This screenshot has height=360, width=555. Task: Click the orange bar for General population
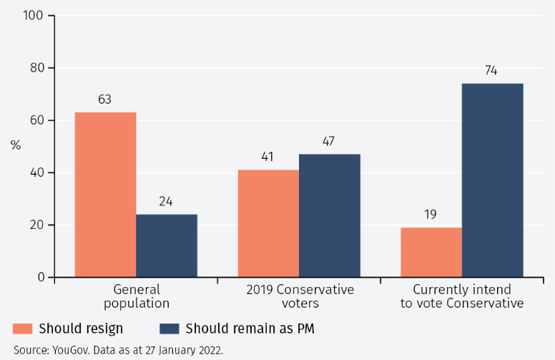105,195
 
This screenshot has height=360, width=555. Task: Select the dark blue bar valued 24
167,245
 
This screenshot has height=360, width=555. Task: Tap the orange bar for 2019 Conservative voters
268,223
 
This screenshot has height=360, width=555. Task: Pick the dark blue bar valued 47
330,215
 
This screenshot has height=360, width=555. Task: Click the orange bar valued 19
431,252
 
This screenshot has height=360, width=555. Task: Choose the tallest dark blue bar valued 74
492,180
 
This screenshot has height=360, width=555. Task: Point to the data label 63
105,100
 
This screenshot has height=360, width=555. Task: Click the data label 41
268,157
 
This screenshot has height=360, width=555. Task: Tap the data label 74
491,71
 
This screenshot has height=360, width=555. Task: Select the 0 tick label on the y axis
41,278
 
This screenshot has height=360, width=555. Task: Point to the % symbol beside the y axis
16,146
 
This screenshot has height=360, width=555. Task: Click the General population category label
136,296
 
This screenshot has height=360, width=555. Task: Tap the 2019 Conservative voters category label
300,296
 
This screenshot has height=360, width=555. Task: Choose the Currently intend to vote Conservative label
462,296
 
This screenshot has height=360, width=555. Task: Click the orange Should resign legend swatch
23,329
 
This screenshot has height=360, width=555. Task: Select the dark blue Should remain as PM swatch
170,329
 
